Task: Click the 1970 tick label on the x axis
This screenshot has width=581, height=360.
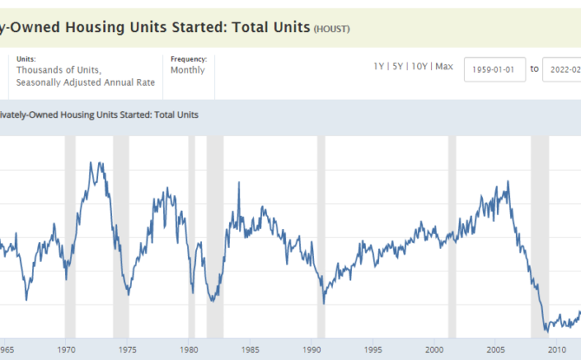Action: [66, 350]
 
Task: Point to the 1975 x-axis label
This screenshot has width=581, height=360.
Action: [127, 350]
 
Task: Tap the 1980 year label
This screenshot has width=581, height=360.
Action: [187, 350]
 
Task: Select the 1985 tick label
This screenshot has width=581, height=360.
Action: [249, 350]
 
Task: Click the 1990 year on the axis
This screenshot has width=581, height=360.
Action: [310, 350]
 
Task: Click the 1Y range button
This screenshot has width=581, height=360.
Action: [379, 66]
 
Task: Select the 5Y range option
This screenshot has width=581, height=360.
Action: [398, 66]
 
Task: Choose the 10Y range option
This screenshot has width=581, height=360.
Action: [420, 66]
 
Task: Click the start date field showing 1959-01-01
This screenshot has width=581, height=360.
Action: [494, 69]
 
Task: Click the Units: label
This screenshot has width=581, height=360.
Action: [27, 59]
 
